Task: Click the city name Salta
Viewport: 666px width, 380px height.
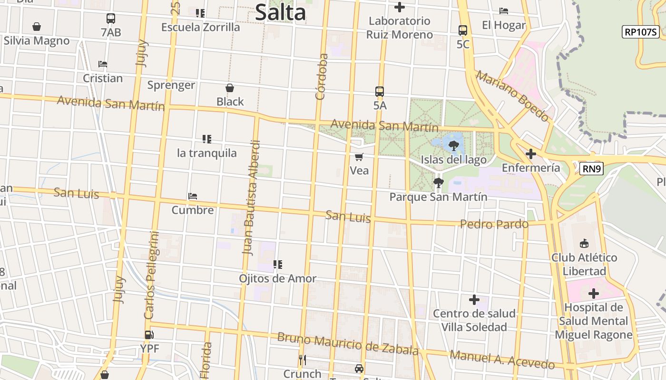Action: tap(280, 12)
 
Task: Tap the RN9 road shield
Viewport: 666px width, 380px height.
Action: tap(591, 168)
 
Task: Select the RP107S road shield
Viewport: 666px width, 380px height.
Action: tap(640, 32)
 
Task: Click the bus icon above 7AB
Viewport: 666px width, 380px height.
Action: tap(111, 19)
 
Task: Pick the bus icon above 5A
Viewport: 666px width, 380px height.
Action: tap(379, 92)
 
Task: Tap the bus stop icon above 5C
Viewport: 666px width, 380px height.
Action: tap(462, 30)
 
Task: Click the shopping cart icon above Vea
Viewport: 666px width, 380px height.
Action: tap(359, 157)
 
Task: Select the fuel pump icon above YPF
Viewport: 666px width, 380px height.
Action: tap(149, 335)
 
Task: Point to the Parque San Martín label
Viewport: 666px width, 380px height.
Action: tap(438, 197)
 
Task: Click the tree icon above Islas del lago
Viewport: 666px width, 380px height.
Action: tap(454, 145)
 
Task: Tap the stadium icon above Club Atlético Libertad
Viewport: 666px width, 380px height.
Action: tap(584, 244)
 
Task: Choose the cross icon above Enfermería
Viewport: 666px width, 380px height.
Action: tap(531, 154)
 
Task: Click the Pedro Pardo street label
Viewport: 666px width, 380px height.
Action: tap(494, 224)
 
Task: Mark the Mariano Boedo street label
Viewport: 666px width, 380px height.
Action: tap(513, 95)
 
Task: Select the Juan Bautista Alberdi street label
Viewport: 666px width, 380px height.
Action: tap(251, 198)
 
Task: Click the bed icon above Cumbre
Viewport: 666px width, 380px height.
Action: tap(192, 196)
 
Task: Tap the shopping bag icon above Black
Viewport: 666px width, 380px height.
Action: tap(230, 88)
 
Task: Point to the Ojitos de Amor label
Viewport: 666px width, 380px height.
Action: tap(277, 278)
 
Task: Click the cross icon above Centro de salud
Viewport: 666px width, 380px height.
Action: tap(474, 300)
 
